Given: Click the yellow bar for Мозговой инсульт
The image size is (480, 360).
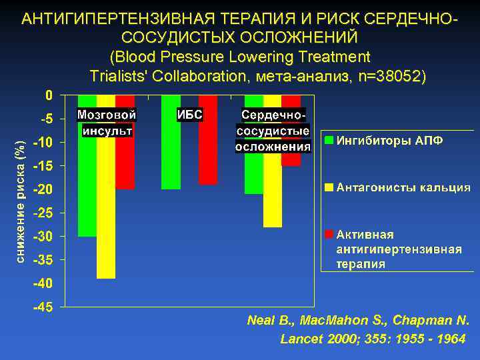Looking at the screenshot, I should (106, 207).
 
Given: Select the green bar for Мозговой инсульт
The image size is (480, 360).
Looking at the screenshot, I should (87, 187).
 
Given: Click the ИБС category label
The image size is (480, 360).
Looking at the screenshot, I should (189, 115).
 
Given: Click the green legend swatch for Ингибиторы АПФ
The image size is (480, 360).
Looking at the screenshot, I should (329, 141).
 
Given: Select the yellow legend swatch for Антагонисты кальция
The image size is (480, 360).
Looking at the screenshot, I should (329, 187).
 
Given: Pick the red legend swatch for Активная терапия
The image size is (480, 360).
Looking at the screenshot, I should (329, 235).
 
